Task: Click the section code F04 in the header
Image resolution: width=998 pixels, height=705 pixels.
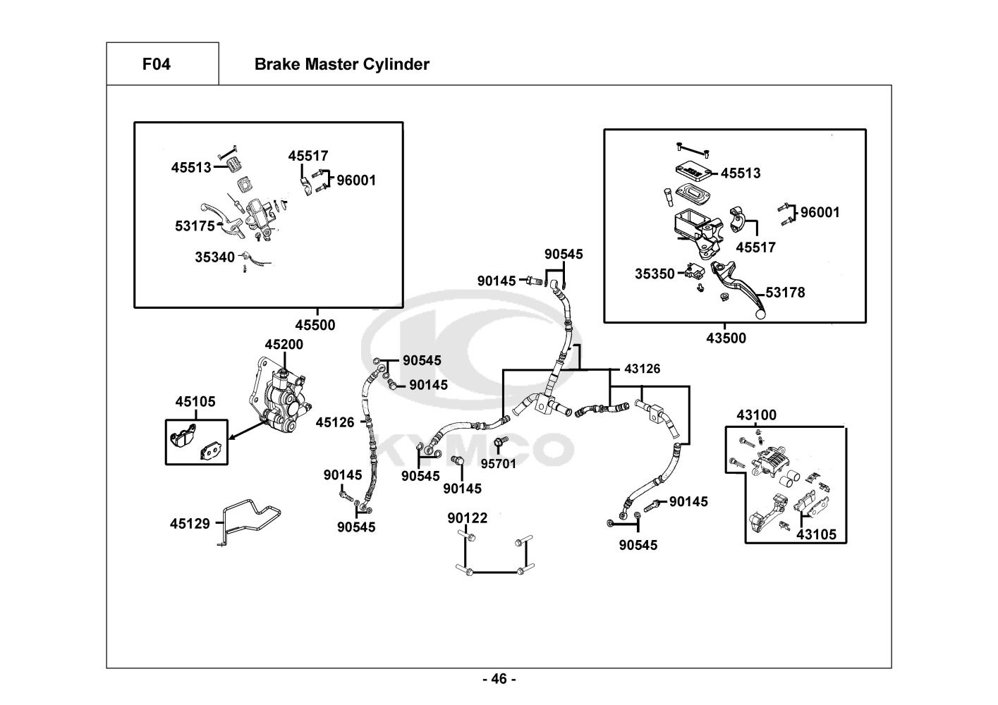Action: (156, 65)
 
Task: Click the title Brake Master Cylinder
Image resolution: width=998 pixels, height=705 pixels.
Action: (341, 65)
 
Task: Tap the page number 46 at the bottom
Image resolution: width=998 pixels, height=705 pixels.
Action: (499, 679)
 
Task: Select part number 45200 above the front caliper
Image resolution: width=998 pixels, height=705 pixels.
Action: (284, 345)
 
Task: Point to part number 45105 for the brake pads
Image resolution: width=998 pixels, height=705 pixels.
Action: (195, 402)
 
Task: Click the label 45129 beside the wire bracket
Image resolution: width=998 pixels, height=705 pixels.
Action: (190, 524)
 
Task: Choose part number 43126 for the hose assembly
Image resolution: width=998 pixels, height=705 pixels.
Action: (643, 369)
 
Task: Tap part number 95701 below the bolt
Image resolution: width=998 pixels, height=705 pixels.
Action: (499, 464)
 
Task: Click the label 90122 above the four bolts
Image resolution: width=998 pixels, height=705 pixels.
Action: (467, 519)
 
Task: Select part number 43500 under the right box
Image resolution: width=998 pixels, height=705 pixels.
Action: (726, 338)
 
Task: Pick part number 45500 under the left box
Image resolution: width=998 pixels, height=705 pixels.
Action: (315, 326)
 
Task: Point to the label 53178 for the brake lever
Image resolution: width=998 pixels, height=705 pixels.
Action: (785, 293)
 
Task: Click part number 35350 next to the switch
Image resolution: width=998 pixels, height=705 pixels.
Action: (655, 274)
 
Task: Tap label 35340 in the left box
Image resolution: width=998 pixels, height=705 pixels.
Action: (215, 258)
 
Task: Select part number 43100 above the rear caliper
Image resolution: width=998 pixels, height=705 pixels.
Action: (756, 415)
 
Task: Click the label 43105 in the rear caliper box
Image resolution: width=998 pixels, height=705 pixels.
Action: (816, 534)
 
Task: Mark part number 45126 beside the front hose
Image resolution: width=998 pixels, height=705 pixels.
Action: (335, 422)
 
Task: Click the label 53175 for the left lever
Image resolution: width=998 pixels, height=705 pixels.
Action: (195, 226)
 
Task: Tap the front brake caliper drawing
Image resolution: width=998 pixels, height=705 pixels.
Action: (280, 398)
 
